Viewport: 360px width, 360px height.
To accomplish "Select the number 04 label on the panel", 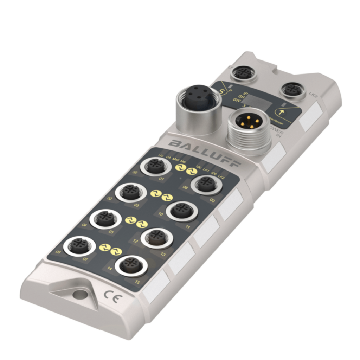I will tap(84, 225).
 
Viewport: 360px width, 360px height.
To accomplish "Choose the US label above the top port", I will tap(161, 156).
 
